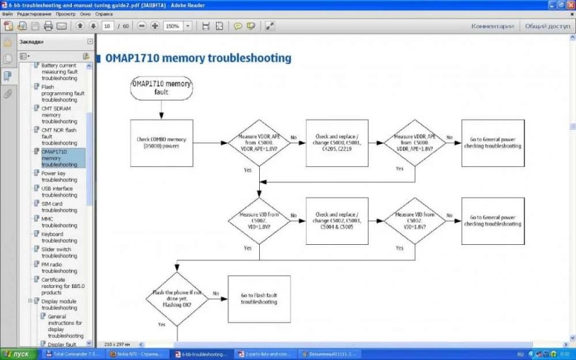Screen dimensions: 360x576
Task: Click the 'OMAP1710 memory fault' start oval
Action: point(161,88)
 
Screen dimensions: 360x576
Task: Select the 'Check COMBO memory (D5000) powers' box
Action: point(161,143)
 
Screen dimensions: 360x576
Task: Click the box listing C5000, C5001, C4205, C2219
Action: point(337,143)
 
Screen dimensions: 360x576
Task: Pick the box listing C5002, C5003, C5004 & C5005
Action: point(337,221)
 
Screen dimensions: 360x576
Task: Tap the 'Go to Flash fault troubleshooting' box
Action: point(259,298)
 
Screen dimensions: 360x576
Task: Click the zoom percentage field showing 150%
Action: point(172,26)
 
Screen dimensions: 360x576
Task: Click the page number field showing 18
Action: point(107,26)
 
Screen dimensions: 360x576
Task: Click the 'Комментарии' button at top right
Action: point(492,26)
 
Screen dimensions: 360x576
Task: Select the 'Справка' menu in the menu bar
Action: point(104,13)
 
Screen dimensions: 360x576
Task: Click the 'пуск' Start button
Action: point(18,354)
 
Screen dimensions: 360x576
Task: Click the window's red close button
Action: point(569,4)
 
